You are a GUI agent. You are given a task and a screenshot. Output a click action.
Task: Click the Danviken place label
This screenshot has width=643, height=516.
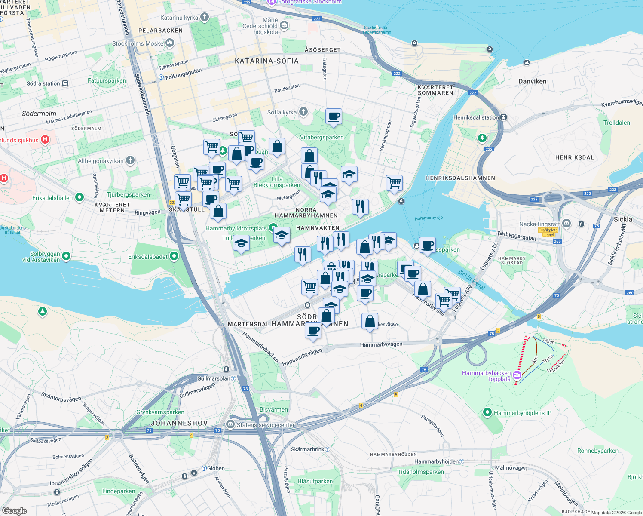(x=532, y=81)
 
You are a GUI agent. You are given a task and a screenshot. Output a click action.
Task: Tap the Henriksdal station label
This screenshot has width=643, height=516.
(x=476, y=117)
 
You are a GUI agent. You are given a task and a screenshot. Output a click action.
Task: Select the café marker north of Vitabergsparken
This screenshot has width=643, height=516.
(x=334, y=116)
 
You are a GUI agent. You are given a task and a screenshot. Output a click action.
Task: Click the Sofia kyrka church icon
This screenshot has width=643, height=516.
(x=303, y=112)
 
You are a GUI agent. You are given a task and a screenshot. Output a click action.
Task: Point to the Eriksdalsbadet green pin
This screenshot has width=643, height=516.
(x=174, y=257)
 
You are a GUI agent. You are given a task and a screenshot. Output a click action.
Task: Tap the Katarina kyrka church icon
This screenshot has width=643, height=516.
(x=205, y=17)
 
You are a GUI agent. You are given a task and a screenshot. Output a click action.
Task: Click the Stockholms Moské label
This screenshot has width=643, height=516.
(x=138, y=43)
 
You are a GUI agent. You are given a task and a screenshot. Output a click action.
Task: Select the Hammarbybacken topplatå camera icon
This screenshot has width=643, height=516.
(x=517, y=375)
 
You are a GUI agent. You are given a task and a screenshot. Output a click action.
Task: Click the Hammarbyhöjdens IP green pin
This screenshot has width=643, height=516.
(x=487, y=413)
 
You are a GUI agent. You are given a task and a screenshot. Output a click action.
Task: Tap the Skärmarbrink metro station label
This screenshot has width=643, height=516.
(x=308, y=449)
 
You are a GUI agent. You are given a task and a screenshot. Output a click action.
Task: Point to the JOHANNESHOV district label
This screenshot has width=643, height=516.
(x=179, y=423)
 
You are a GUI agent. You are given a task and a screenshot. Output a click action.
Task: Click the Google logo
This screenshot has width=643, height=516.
(x=14, y=511)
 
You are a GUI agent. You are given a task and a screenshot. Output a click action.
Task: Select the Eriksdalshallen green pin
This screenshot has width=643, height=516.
(x=80, y=197)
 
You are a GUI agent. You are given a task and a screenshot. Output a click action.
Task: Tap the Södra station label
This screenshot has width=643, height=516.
(x=43, y=83)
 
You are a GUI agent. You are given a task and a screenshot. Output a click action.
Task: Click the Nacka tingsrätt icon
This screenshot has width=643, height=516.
(x=566, y=223)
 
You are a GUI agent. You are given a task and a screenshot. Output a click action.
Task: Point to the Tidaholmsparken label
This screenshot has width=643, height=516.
(x=420, y=472)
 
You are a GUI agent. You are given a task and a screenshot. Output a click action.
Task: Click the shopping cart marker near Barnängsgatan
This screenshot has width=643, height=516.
(x=394, y=183)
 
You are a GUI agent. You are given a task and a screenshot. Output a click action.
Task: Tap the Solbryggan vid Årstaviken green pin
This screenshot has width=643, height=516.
(x=66, y=257)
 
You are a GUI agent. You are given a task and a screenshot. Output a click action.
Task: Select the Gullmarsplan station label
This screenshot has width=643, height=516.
(x=214, y=378)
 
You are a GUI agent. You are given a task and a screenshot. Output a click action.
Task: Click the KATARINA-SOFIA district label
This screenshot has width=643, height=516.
(x=266, y=61)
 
